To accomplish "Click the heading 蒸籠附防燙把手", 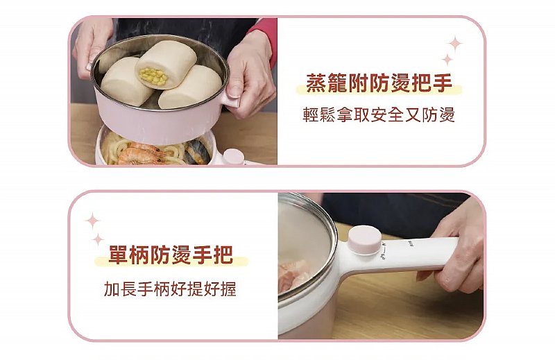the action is [x=379, y=83].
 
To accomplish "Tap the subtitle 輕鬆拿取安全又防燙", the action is [x=379, y=114].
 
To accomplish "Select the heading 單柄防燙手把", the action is [x=171, y=255].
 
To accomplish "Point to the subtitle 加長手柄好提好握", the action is [x=170, y=289].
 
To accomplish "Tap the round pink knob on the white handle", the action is [x=365, y=241].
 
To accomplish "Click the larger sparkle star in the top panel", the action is [x=455, y=44].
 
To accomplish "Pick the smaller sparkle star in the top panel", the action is [x=447, y=60].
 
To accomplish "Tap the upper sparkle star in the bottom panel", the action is [x=92, y=221].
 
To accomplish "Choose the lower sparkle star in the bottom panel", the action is [x=98, y=239].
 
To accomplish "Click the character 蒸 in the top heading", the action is [x=316, y=83].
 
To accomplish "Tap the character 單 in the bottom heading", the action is [x=119, y=255].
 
